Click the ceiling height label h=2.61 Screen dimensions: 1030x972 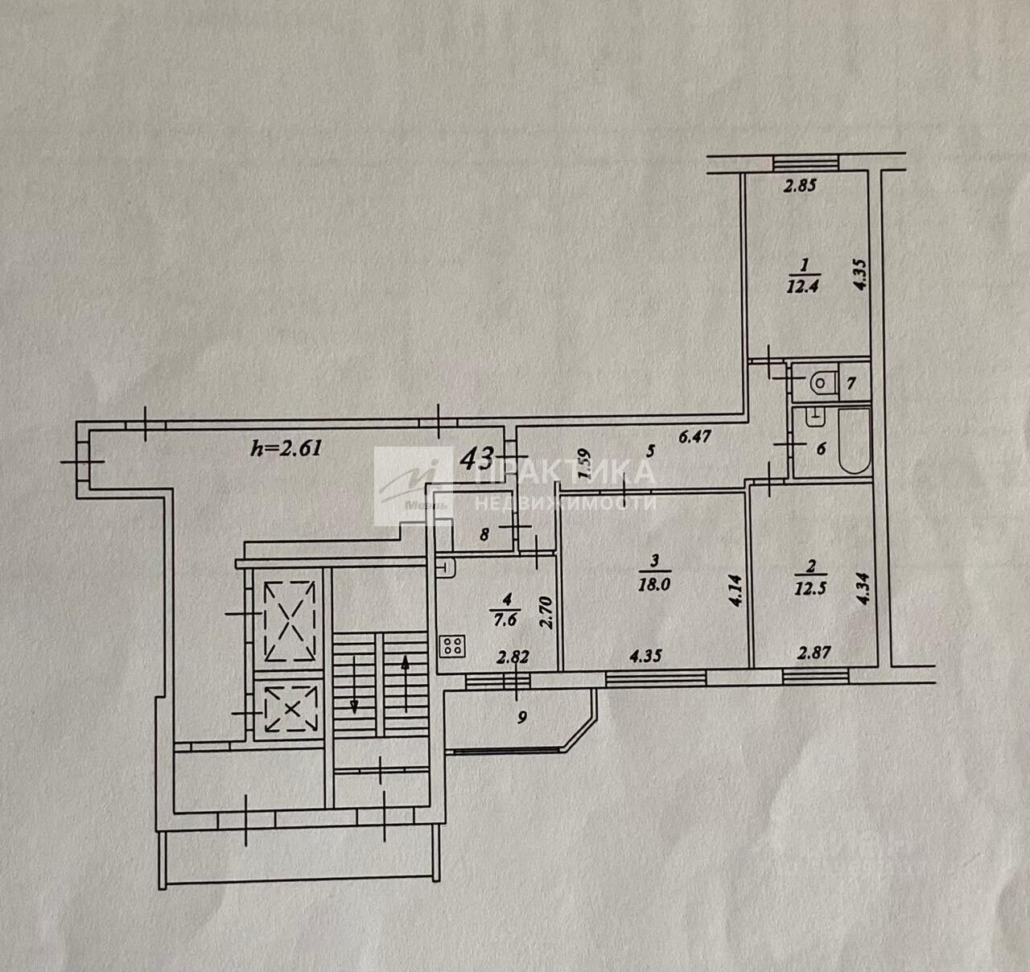(x=286, y=448)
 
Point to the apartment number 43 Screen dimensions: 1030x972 (x=476, y=459)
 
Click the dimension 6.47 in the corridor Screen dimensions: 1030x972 (x=695, y=438)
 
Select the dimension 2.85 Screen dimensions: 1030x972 (x=801, y=187)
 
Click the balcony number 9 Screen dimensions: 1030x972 (x=522, y=719)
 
